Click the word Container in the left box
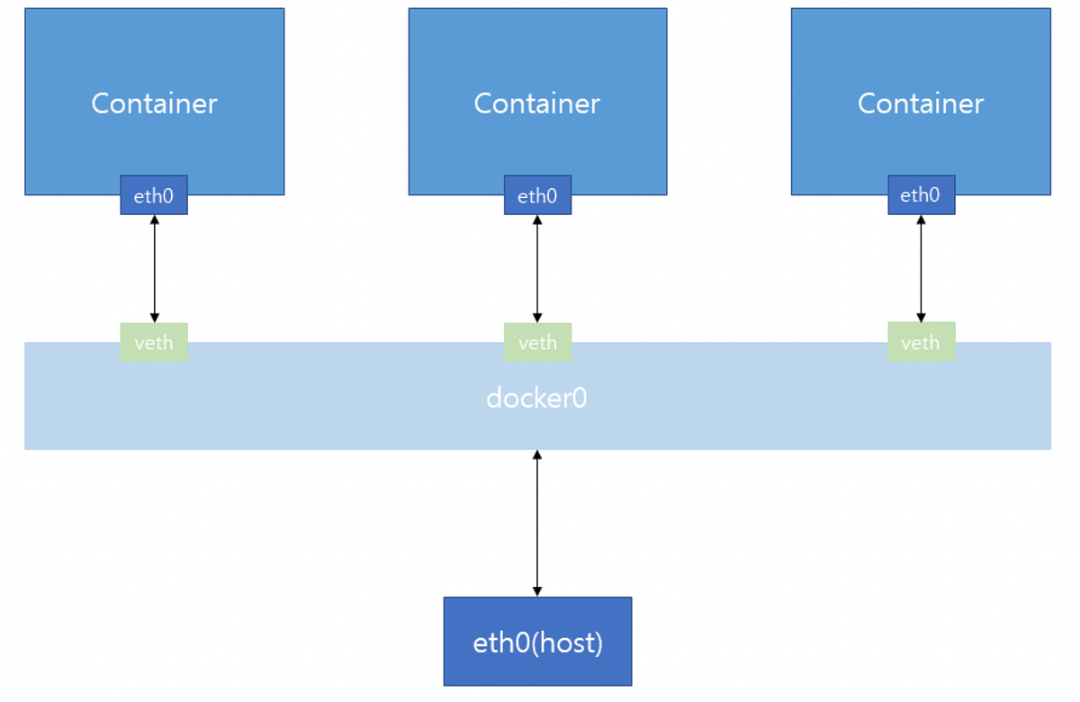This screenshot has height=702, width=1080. pos(154,103)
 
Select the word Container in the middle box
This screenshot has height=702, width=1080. pos(536,103)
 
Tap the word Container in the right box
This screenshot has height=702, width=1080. pos(920,103)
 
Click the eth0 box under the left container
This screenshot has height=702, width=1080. pos(154,195)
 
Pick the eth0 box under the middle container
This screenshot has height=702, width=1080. pos(537,195)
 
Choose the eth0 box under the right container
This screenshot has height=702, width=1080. pos(921,195)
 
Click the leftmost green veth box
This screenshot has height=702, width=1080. pos(154,342)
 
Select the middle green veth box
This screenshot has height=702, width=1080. pos(537,342)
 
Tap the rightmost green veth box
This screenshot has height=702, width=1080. pos(921,342)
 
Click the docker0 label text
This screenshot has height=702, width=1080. pos(536,398)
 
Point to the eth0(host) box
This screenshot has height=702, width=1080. pos(537,642)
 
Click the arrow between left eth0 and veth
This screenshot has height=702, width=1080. pos(154,268)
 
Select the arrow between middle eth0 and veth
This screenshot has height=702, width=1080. pos(537,268)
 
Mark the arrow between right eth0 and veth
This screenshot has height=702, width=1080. pos(921,268)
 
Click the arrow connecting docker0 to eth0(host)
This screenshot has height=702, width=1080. pos(537,523)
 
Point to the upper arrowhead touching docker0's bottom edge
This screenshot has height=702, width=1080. pos(537,455)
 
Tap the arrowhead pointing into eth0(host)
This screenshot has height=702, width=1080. pos(537,591)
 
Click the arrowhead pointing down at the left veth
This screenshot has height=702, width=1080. pos(154,317)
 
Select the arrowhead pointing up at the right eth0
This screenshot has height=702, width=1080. pos(921,220)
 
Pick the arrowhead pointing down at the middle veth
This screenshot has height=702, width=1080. pos(537,317)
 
